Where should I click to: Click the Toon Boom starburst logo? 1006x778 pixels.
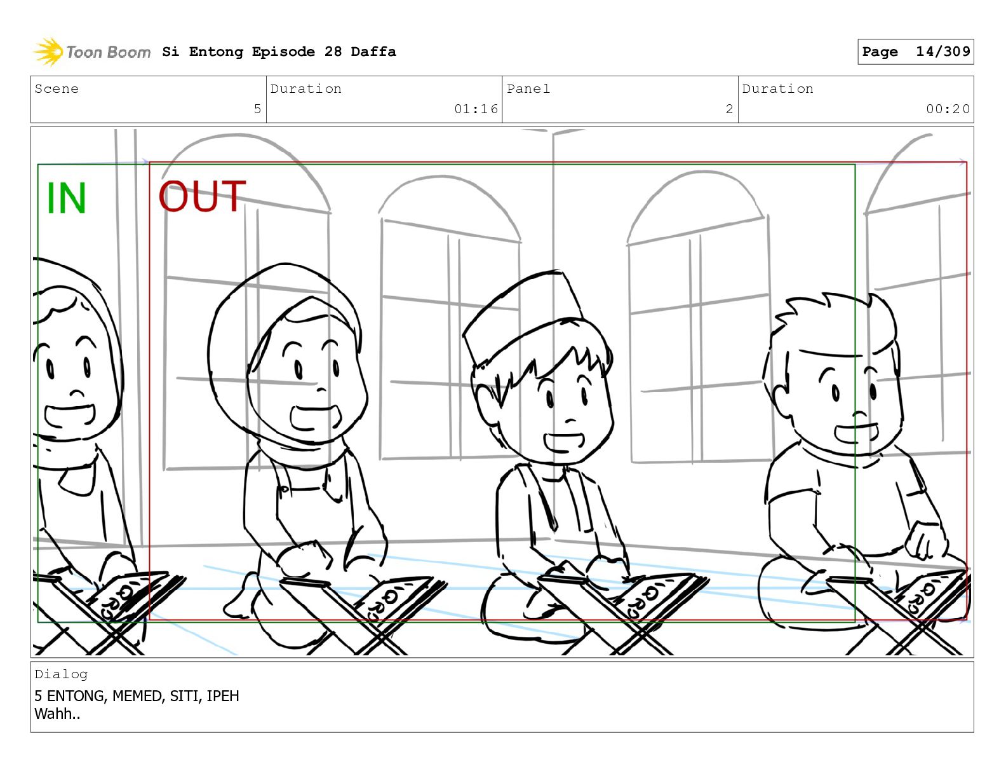pos(48,51)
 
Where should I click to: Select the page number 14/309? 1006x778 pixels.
pos(943,51)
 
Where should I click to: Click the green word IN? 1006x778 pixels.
pos(66,198)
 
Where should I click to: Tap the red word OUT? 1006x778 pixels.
pos(202,196)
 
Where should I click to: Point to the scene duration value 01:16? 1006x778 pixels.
pos(476,109)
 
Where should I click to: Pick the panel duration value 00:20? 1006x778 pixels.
pos(948,109)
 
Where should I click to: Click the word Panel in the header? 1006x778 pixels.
pos(528,88)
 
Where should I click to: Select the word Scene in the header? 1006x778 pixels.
pos(57,88)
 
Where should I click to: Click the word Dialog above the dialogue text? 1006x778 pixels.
pos(60,674)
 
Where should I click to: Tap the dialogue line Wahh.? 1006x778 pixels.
pos(57,714)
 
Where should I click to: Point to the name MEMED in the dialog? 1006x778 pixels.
pos(137,696)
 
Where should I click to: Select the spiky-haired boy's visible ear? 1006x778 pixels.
pos(780,401)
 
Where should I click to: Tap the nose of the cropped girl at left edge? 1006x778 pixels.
pos(77,394)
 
